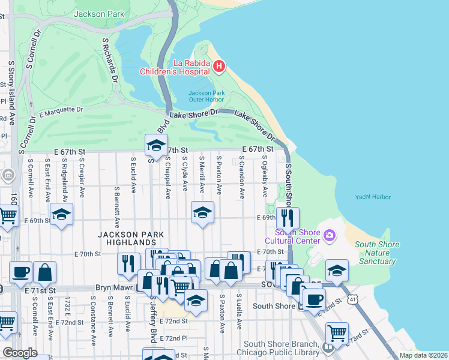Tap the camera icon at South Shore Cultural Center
[328, 235]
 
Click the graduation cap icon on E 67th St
[155, 146]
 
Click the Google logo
[19, 353]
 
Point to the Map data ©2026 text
[423, 355]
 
